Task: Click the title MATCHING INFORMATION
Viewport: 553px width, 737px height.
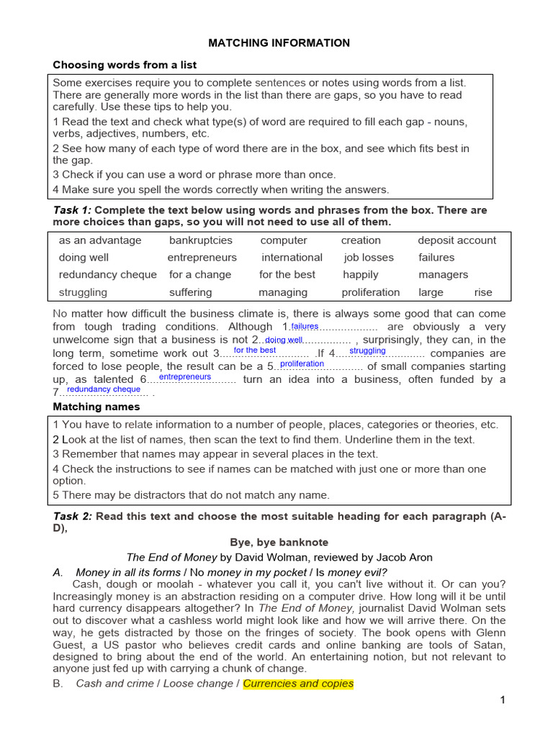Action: (x=279, y=43)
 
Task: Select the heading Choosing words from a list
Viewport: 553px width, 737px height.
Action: (x=125, y=65)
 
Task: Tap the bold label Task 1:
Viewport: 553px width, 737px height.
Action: (x=73, y=210)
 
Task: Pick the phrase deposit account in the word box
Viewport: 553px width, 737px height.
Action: (x=457, y=240)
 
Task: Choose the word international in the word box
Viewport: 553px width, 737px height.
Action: (x=292, y=258)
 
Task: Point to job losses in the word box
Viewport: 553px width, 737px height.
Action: (x=369, y=258)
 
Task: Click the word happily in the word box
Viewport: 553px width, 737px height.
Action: (x=360, y=275)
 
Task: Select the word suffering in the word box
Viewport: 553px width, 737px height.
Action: (x=190, y=292)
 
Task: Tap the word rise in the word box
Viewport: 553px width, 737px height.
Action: (x=484, y=292)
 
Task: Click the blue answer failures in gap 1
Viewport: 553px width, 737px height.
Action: (x=305, y=327)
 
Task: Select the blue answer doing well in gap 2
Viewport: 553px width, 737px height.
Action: (x=284, y=340)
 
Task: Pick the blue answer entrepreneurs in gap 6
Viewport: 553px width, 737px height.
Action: (x=185, y=377)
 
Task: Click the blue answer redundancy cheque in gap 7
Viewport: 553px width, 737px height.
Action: (x=104, y=389)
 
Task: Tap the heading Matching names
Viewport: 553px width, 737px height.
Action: (x=96, y=407)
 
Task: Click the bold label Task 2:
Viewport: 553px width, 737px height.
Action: (x=73, y=517)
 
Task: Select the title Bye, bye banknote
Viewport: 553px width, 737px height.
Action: (x=279, y=543)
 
